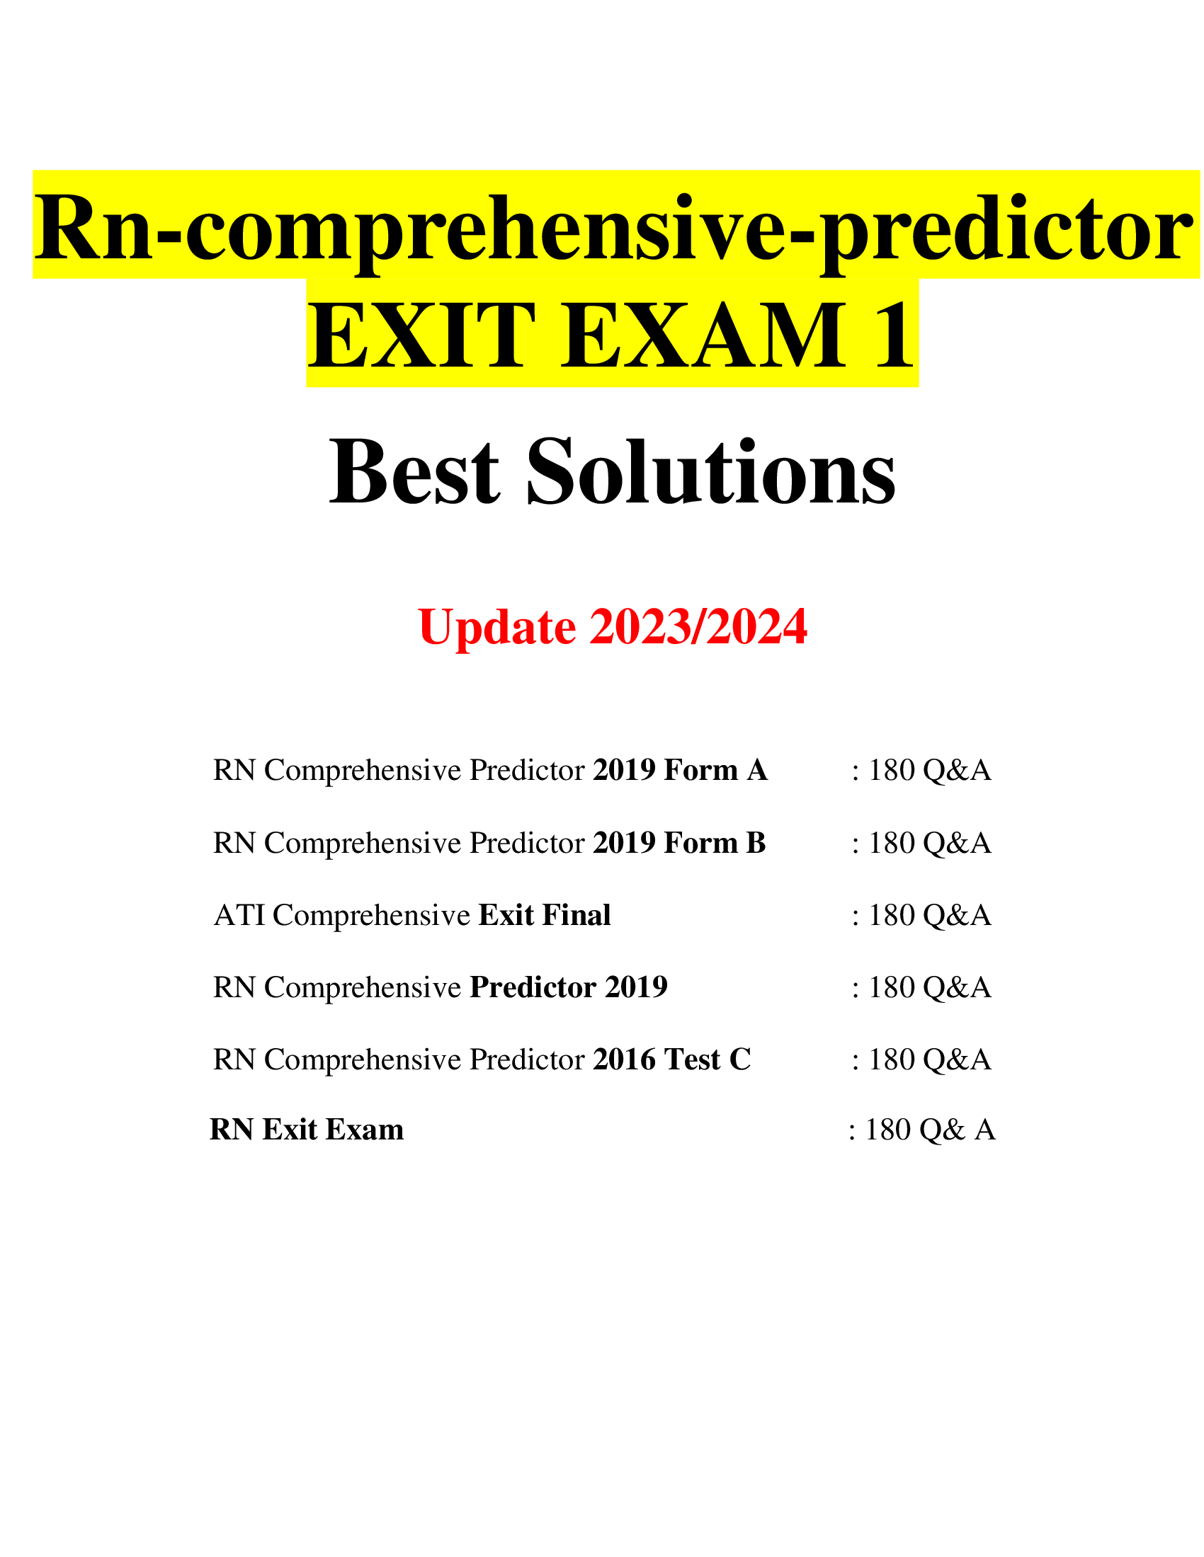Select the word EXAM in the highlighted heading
coord(703,335)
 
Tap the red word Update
coord(497,627)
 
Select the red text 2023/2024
coord(698,627)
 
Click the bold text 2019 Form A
coord(680,771)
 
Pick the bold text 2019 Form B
coord(679,844)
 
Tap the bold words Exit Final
coord(544,915)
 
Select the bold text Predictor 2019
coord(569,987)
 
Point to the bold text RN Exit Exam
coord(307,1130)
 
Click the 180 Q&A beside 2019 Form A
coord(928,771)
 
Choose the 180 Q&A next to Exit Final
coord(928,915)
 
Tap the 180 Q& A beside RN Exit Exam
coord(928,1130)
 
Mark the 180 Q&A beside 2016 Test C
coord(928,1059)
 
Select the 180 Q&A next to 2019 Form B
coord(928,844)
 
